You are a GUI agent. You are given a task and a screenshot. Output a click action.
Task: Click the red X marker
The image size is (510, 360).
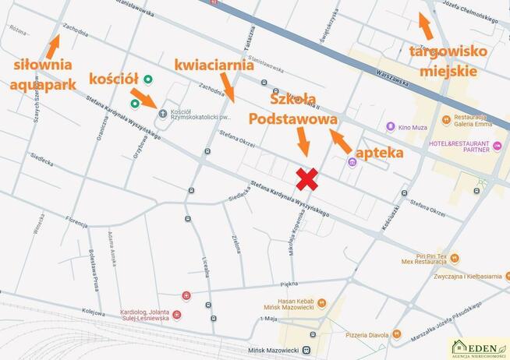tap(308, 179)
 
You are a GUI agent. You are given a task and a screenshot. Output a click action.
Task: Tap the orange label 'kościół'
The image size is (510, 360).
tap(114, 79)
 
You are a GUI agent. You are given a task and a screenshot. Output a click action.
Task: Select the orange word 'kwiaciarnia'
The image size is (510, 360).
tap(214, 65)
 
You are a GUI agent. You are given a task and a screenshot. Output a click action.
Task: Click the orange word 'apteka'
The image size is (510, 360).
tap(379, 152)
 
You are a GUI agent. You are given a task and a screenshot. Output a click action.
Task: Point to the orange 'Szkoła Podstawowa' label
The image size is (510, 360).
tap(293, 109)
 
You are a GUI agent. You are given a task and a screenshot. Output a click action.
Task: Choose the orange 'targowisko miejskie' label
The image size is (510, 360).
tap(448, 61)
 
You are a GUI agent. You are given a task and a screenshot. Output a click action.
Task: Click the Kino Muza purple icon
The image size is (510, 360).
tap(391, 126)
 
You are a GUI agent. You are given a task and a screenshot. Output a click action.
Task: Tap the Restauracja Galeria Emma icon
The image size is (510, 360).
tap(446, 120)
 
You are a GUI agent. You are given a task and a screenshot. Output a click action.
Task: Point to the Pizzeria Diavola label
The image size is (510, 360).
tap(367, 335)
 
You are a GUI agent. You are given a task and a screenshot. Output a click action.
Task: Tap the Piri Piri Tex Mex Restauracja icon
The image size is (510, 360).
tap(455, 258)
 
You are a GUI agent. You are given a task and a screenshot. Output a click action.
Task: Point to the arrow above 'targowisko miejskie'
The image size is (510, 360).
tap(426, 26)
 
